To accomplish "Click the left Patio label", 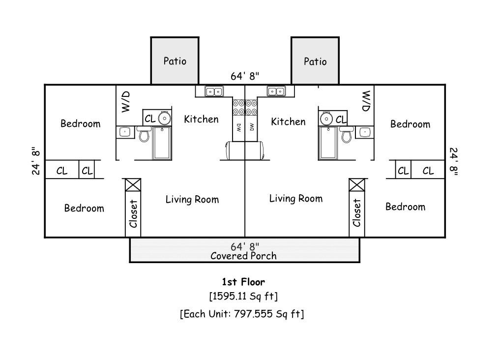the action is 175,61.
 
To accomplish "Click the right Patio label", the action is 315,61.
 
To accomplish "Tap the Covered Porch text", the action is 243,256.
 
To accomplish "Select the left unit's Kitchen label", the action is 201,119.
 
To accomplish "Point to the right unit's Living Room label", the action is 296,199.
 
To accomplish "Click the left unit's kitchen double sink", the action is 214,91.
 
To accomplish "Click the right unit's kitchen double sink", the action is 276,91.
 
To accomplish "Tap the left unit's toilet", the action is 144,134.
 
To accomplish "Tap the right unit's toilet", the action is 347,134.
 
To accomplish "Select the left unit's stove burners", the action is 238,107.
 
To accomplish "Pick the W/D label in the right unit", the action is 366,101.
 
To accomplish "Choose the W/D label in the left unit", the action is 126,101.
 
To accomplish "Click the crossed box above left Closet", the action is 133,185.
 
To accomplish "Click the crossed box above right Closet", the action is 357,185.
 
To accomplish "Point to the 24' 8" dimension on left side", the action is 36,161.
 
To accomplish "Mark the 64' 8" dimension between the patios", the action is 245,76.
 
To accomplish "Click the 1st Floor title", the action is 243,282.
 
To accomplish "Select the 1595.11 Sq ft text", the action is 243,296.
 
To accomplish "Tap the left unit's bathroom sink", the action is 125,132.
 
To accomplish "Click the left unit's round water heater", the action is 165,119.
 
